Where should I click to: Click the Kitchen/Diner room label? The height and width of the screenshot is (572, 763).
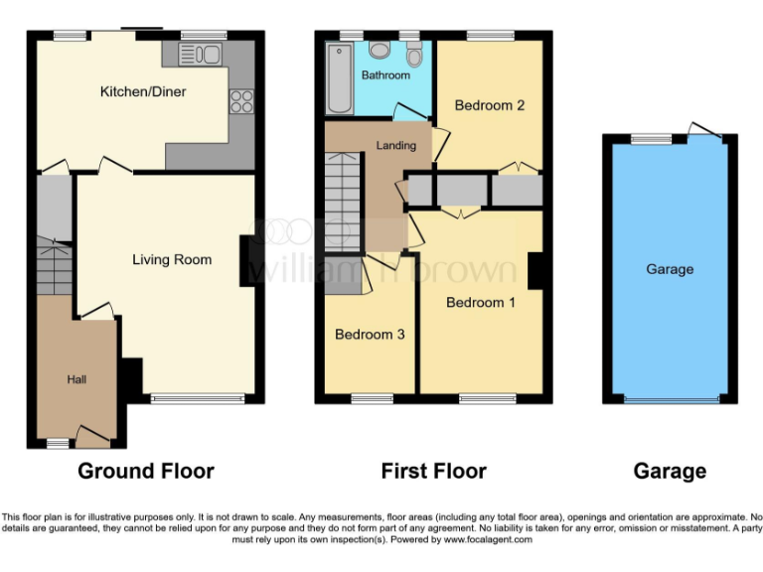click(x=143, y=92)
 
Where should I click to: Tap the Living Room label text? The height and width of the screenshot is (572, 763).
click(x=172, y=260)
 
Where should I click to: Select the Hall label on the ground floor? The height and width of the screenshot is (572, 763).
click(x=76, y=379)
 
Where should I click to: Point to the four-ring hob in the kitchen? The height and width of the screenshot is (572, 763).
click(x=241, y=100)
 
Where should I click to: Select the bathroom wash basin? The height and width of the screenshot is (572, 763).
click(x=380, y=50)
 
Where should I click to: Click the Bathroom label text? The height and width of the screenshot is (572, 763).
click(x=385, y=75)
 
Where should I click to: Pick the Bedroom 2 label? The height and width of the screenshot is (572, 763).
click(x=490, y=105)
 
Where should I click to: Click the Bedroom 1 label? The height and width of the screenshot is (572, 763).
click(x=480, y=302)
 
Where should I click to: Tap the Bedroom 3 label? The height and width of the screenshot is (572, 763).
click(x=370, y=335)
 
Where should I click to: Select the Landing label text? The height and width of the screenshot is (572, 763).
click(x=395, y=145)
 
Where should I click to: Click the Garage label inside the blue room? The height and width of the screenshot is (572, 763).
click(x=670, y=269)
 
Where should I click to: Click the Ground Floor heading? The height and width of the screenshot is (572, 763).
click(x=146, y=471)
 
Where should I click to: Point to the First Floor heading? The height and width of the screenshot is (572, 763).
click(x=434, y=471)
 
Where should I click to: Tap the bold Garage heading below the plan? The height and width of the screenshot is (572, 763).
click(x=670, y=471)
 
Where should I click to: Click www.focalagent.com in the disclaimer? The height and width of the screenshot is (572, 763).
click(x=480, y=540)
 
